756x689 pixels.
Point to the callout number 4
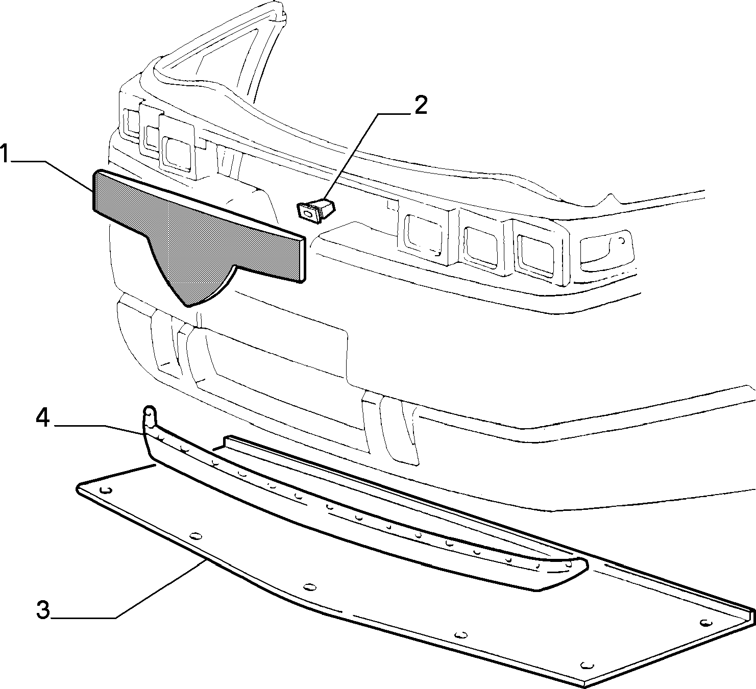tap(43, 418)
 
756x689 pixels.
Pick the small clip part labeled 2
tap(316, 210)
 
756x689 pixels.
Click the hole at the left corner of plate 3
tap(107, 490)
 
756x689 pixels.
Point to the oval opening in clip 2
tap(308, 214)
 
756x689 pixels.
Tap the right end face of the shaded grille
tap(302, 259)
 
